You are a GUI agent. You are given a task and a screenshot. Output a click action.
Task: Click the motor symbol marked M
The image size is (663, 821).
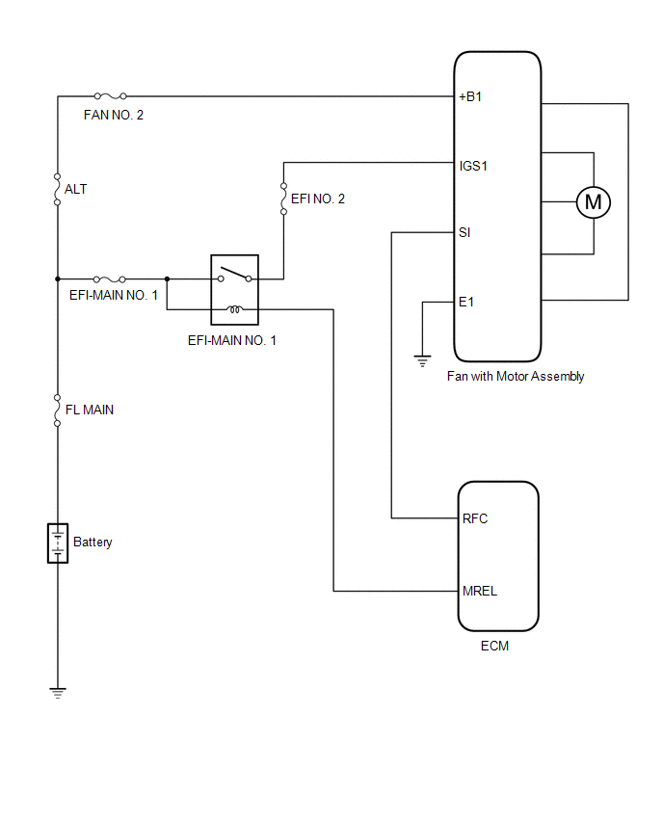[593, 202]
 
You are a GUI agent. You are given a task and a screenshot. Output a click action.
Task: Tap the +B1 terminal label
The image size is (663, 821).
[469, 96]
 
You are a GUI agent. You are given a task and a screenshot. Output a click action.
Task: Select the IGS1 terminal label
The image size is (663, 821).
[473, 166]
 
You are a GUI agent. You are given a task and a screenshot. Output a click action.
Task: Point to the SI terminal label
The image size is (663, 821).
[464, 232]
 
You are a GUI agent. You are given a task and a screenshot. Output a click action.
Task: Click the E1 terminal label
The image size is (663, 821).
[466, 302]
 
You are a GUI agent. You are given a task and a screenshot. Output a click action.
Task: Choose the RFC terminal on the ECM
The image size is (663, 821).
[475, 518]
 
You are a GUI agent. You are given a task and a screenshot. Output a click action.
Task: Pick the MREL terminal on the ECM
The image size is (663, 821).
[480, 591]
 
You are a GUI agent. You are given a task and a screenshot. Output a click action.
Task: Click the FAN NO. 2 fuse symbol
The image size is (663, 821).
[110, 95]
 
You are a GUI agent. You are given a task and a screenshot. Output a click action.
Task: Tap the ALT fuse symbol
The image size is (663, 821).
[57, 189]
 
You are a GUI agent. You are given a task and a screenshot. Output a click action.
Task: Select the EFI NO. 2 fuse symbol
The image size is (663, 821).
[283, 199]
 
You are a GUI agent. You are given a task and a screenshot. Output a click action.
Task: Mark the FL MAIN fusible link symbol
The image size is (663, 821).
[57, 410]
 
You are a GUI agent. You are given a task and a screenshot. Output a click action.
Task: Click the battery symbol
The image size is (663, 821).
[58, 543]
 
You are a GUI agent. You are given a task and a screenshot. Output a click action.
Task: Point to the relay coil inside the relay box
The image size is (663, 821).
[234, 309]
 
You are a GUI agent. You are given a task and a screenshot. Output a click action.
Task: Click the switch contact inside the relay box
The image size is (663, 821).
[234, 275]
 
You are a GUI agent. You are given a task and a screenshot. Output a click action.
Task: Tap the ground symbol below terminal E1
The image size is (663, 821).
[422, 360]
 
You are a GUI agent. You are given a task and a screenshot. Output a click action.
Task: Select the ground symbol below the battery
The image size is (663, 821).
[58, 693]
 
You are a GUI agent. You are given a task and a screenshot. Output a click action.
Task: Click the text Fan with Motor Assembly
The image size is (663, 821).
[516, 377]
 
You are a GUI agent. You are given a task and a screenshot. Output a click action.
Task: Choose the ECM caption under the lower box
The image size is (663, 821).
[494, 646]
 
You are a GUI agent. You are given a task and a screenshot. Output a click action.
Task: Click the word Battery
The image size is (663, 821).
[93, 542]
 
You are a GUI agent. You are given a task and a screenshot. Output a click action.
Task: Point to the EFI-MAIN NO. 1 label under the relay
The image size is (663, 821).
[232, 340]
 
